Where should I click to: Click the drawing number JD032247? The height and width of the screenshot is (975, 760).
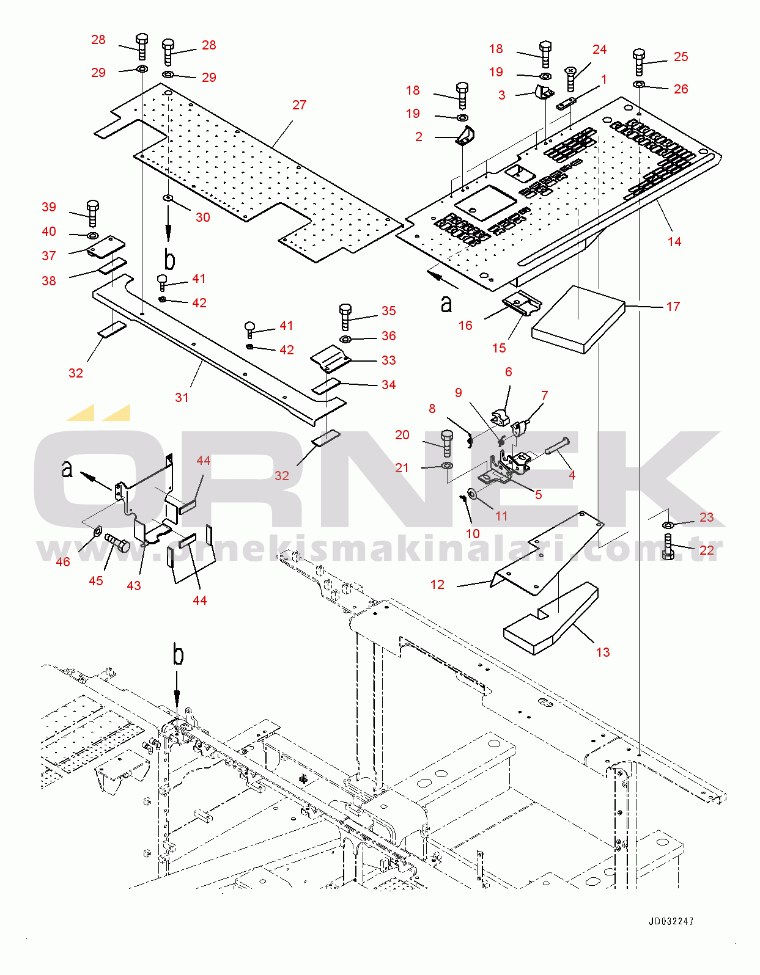click(x=671, y=921)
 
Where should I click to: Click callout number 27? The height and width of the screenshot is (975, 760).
click(x=300, y=104)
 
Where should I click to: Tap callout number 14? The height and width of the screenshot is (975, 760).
click(x=674, y=242)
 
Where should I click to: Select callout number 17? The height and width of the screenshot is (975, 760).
click(x=673, y=307)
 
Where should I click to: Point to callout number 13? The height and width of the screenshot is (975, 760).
click(x=603, y=652)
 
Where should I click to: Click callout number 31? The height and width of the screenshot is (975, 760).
click(x=182, y=397)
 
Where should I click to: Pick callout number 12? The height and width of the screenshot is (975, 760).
click(x=437, y=584)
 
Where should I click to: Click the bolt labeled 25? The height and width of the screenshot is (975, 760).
click(x=640, y=62)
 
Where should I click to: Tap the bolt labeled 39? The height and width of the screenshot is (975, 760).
click(x=93, y=214)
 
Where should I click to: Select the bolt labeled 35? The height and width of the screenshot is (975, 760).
click(x=345, y=317)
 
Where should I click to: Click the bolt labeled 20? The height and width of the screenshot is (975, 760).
click(x=447, y=444)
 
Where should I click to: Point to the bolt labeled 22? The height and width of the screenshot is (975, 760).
click(x=667, y=547)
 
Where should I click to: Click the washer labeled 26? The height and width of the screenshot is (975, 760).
click(x=639, y=84)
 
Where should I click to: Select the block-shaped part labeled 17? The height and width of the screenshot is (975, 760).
click(x=578, y=320)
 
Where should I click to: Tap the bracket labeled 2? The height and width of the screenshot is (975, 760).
click(x=466, y=136)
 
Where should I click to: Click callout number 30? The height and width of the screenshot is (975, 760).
click(x=203, y=217)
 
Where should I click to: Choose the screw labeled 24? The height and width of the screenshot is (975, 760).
click(x=570, y=78)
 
